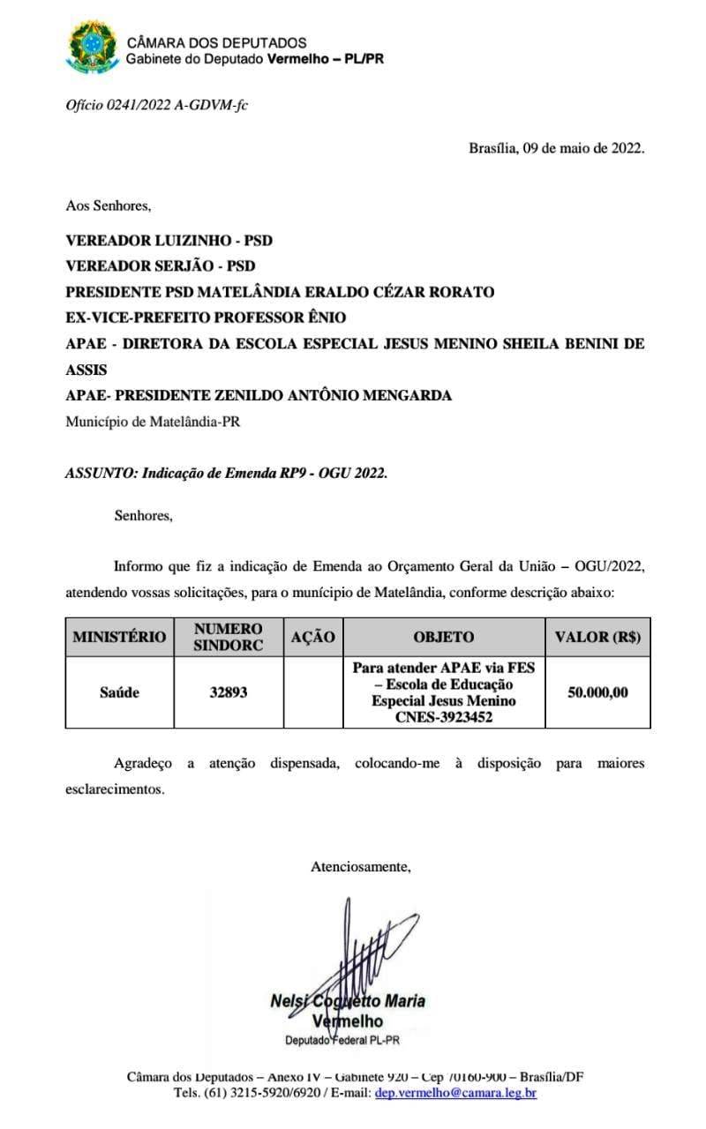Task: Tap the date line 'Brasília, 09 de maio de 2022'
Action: click(x=556, y=148)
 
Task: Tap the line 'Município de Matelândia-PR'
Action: click(x=153, y=421)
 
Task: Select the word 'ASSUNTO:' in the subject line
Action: click(x=100, y=473)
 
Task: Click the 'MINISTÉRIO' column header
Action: click(x=119, y=637)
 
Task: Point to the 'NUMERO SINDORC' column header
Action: click(x=229, y=637)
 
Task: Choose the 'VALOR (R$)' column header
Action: click(x=597, y=637)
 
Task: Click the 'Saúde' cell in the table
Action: click(x=119, y=692)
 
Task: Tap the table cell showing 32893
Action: click(x=229, y=692)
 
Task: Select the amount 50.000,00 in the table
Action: click(x=597, y=692)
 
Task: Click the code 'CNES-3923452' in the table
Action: click(x=444, y=718)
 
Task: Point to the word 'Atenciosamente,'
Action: click(x=361, y=866)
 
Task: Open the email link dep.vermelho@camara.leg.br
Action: click(x=455, y=1093)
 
